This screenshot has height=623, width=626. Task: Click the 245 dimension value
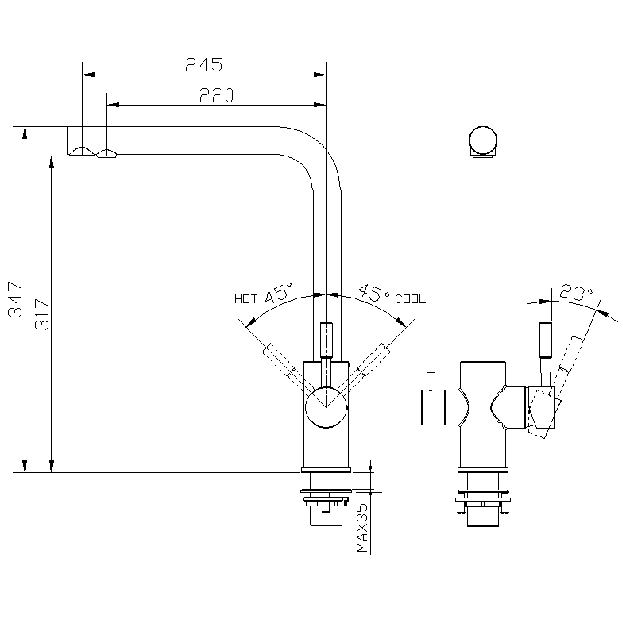(203, 65)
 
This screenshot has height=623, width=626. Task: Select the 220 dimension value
(216, 95)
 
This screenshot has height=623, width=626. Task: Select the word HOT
(245, 299)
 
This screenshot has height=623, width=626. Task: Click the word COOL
(410, 299)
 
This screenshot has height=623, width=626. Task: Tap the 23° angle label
(576, 292)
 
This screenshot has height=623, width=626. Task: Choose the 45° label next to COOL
(373, 294)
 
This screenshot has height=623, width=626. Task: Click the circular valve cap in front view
(327, 406)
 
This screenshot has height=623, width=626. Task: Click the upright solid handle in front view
(327, 341)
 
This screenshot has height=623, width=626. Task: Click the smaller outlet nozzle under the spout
(106, 152)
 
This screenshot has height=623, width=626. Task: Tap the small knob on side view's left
(431, 382)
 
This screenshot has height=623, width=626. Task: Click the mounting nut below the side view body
(483, 499)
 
